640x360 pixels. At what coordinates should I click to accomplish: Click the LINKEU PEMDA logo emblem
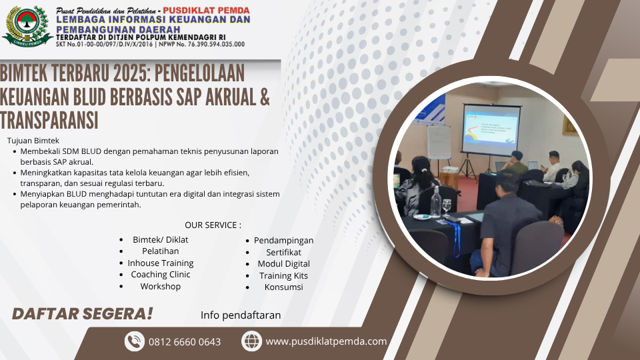pos(27,26)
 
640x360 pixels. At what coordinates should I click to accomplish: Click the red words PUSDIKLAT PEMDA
pos(206,11)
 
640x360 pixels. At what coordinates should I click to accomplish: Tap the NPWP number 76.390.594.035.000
pos(216,45)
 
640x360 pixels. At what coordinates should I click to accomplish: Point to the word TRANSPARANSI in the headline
pos(49,121)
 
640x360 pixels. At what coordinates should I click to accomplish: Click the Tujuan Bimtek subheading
pos(33,141)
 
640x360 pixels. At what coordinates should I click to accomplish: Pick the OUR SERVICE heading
pos(213,225)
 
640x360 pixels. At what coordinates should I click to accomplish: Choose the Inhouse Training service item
pos(161,263)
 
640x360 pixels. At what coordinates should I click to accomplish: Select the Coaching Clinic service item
pos(161,275)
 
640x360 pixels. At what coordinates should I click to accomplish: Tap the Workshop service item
pos(161,287)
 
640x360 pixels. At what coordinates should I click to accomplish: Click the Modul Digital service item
pos(284,264)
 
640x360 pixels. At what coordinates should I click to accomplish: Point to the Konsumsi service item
pos(284,287)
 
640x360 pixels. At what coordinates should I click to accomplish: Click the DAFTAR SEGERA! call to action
pos(82,314)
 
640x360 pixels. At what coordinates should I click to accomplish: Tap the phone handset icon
pos(134,341)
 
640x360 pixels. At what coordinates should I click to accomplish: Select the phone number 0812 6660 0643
pos(185,342)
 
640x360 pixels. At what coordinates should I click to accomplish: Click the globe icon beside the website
pos(251,341)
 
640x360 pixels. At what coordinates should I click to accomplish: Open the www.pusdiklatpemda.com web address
pos(326,341)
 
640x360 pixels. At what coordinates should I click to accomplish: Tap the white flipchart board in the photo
pos(439,141)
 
